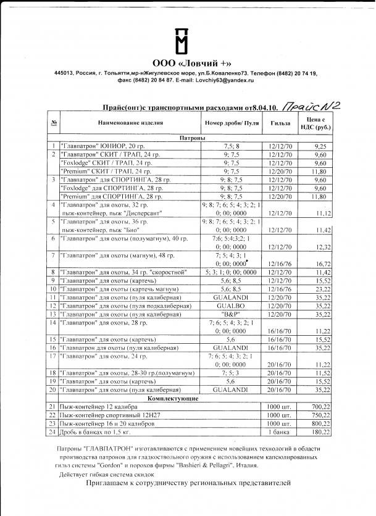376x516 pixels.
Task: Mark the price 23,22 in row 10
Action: pyautogui.click(x=320, y=288)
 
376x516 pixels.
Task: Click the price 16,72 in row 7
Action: pyautogui.click(x=320, y=263)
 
